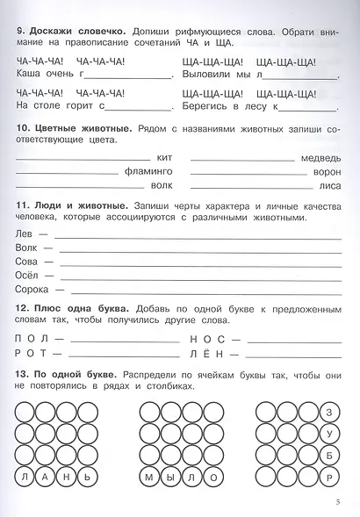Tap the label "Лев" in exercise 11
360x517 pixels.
coord(25,234)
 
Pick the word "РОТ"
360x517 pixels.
coord(32,352)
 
